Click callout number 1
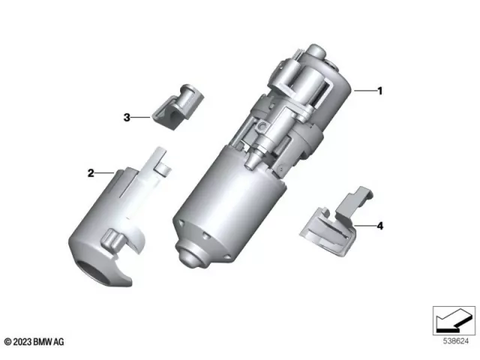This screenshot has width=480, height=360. (x=379, y=91)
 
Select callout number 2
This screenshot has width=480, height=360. (x=91, y=173)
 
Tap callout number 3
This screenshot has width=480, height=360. (x=127, y=117)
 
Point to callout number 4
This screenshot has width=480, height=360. (x=379, y=225)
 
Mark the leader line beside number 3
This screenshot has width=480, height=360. (x=141, y=117)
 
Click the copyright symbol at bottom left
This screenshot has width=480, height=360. (x=7, y=341)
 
